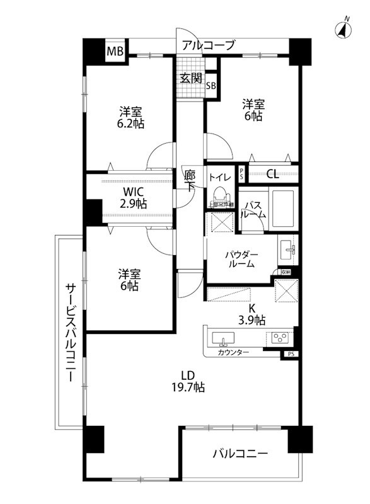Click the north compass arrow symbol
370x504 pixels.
coord(345,28)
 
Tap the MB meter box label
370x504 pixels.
coord(115,50)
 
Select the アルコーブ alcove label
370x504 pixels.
coord(209,45)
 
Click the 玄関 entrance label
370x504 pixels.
coord(190,78)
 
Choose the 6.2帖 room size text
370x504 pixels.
coord(130,124)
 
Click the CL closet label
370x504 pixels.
coord(272,174)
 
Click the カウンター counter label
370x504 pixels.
coord(234,352)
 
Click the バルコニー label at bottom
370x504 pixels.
coord(240,453)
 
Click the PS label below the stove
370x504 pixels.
coord(290,354)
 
